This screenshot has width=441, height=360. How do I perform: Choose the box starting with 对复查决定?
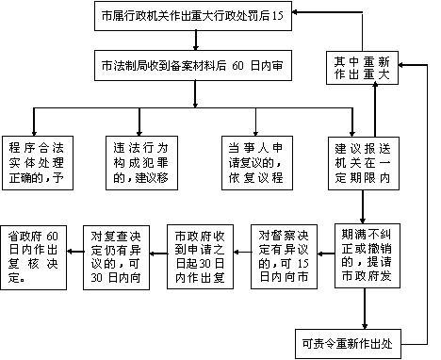(116, 248)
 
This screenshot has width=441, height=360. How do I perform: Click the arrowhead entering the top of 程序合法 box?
(35, 132)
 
